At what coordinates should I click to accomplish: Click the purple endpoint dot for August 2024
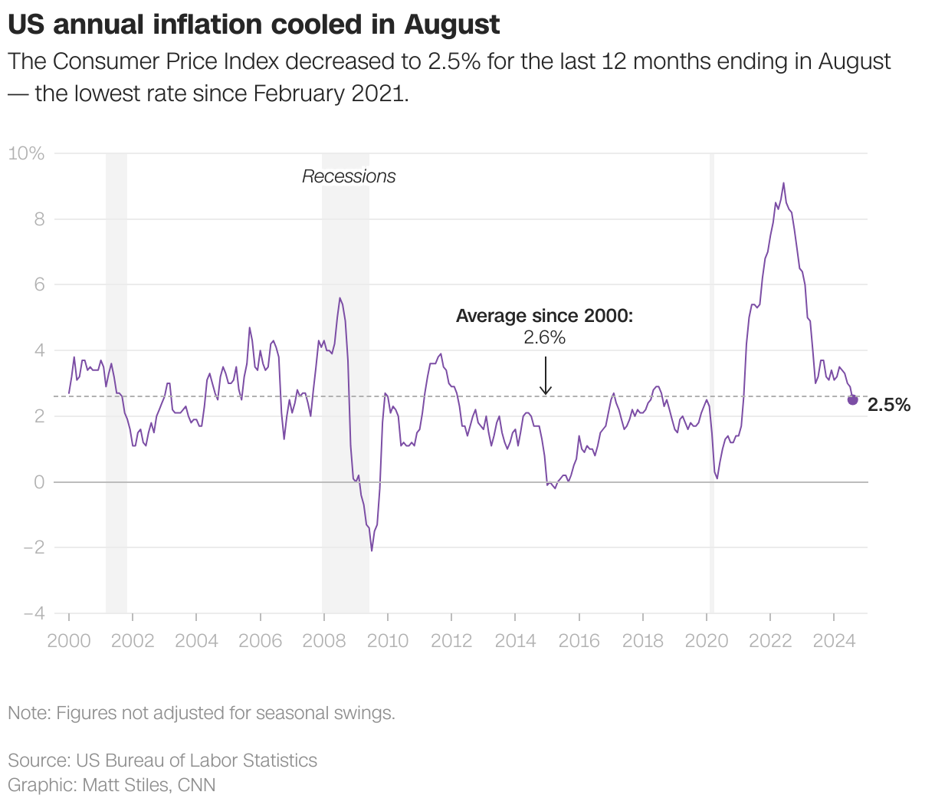point(852,399)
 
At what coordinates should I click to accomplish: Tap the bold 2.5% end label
point(889,405)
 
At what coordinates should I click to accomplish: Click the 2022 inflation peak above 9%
point(783,183)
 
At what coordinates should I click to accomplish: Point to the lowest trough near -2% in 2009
point(372,550)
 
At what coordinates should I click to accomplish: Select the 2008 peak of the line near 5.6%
point(340,298)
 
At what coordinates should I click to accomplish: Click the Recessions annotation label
point(349,176)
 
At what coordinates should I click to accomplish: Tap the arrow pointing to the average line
point(545,376)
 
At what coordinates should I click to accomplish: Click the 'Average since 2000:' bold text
point(544,316)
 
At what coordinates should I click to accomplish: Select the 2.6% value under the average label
point(544,337)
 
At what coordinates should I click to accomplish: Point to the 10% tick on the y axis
point(27,153)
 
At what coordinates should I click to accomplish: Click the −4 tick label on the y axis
point(34,613)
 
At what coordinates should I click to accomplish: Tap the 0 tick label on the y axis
point(38,482)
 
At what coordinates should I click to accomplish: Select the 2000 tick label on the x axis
point(69,640)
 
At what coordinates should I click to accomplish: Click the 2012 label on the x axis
point(451,640)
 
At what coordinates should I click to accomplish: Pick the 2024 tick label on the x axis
point(834,640)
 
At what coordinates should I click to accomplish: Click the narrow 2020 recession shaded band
point(712,383)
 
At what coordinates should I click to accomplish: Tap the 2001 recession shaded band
point(116,383)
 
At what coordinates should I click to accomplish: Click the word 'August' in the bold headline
point(452,25)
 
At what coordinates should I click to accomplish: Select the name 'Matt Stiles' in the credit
point(127,785)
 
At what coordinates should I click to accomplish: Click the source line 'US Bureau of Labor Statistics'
point(196,761)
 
